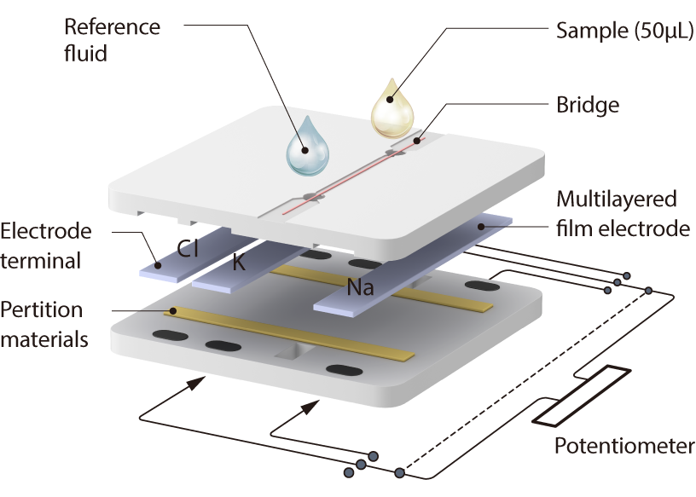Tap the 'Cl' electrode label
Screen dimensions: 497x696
[188, 249]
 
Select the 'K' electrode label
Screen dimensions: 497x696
[239, 263]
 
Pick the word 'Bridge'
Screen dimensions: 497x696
[587, 106]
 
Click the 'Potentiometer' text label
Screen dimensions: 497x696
[624, 446]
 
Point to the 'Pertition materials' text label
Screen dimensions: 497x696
[43, 323]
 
